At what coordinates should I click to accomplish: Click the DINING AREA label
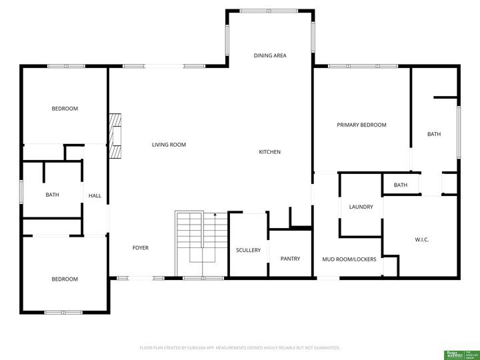pos(270,55)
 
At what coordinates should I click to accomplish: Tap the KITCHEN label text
pos(270,152)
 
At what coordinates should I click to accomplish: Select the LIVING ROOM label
pos(169,145)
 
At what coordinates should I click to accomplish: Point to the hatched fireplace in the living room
pos(117,136)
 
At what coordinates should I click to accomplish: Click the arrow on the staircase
pos(215,216)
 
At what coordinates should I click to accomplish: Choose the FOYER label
pos(140,248)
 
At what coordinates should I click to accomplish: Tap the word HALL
pos(95,195)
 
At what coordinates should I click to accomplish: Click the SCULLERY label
pos(248,251)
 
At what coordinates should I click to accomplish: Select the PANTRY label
pos(290,259)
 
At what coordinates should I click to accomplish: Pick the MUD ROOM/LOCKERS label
pos(349,259)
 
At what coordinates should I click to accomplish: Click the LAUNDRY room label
pos(361,207)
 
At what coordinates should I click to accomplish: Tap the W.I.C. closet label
pos(421,239)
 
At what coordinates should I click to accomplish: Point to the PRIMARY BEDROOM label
pos(361,125)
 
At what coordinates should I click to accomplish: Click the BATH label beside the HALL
pos(52,195)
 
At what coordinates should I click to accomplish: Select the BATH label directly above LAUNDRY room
pos(401,185)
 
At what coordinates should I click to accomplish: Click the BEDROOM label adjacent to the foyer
pos(65,279)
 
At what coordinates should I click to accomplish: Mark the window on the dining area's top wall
pos(270,11)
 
